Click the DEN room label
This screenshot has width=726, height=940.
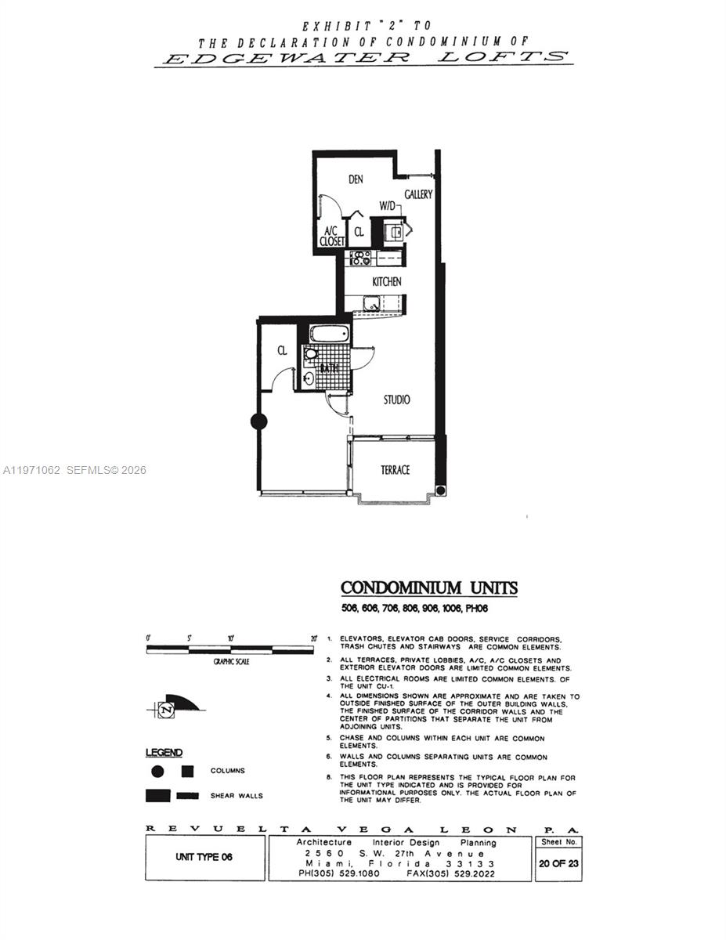tap(356, 179)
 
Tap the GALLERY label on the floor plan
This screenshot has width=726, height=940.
tap(418, 194)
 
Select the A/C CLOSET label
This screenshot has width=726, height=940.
tap(332, 237)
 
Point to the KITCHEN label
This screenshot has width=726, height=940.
tap(387, 281)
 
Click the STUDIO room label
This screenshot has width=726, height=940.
tap(396, 399)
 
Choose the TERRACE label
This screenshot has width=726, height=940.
tap(395, 469)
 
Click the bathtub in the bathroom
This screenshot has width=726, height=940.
tap(329, 334)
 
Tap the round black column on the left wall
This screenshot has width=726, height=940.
tap(258, 421)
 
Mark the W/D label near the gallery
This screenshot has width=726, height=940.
tap(388, 206)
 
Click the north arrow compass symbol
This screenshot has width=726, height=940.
tap(167, 709)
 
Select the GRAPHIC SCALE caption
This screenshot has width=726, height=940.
tap(231, 662)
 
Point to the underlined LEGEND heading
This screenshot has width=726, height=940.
tap(164, 753)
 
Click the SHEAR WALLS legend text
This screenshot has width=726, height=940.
tap(237, 796)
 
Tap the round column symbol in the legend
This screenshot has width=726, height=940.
tap(157, 772)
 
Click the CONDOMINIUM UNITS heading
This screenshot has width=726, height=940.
tap(429, 587)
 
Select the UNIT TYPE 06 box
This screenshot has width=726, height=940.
tap(204, 857)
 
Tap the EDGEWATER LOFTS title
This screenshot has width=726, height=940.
tap(363, 57)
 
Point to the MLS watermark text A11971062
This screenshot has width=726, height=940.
tap(32, 470)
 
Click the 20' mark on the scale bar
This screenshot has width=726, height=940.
tap(313, 638)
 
